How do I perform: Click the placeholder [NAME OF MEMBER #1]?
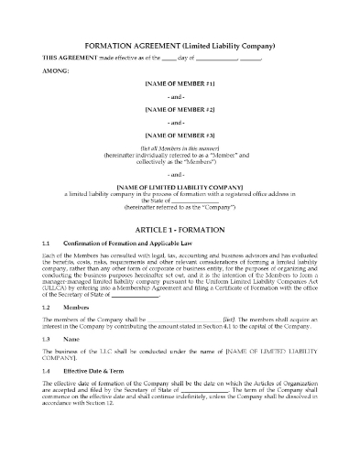180,82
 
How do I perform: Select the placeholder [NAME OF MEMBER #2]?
180,108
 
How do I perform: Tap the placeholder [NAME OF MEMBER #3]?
180,135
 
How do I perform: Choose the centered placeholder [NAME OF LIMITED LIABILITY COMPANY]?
180,186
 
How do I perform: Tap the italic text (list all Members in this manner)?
180,147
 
